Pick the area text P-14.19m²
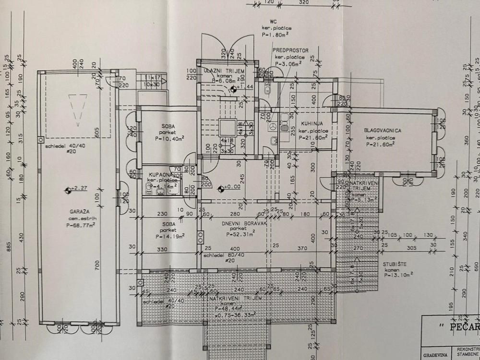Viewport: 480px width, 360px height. pos(167,237)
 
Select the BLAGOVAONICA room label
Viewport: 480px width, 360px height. pos(383,131)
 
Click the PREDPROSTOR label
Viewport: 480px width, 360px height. pos(290,50)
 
